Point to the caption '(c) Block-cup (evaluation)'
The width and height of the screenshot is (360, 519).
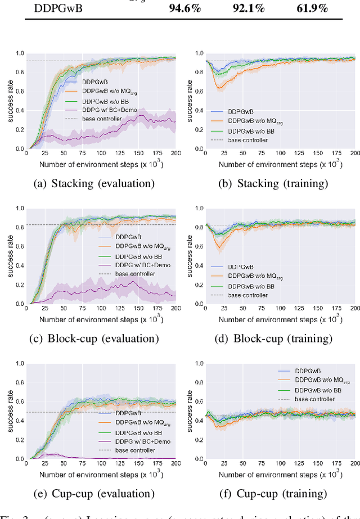94,339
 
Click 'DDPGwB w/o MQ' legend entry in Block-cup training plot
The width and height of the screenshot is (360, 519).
251,277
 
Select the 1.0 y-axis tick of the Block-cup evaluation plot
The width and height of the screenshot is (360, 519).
20,209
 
